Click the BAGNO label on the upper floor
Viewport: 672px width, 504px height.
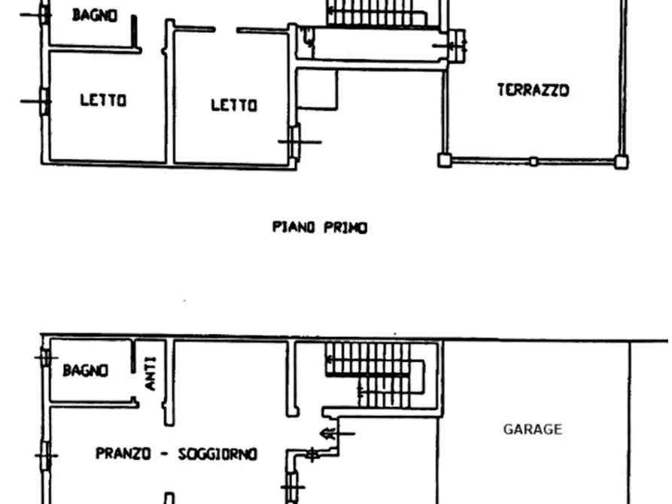(95, 15)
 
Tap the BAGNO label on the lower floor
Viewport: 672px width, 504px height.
(85, 370)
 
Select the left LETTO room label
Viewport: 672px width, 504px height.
(103, 100)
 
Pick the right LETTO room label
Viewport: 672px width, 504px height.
(233, 105)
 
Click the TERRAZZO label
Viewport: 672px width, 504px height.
(533, 90)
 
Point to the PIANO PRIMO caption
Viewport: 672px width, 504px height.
(320, 227)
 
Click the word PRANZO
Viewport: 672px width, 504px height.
(124, 454)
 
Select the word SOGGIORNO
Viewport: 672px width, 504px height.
(217, 454)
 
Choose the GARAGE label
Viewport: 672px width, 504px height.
(533, 430)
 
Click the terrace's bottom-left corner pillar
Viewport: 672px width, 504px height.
(445, 160)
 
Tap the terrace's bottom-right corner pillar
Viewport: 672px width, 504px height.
(621, 160)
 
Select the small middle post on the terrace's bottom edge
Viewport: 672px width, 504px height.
(533, 160)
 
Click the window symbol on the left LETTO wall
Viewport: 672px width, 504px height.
(44, 100)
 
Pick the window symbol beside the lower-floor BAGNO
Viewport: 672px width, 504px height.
(45, 356)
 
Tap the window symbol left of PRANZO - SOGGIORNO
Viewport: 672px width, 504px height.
(45, 454)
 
